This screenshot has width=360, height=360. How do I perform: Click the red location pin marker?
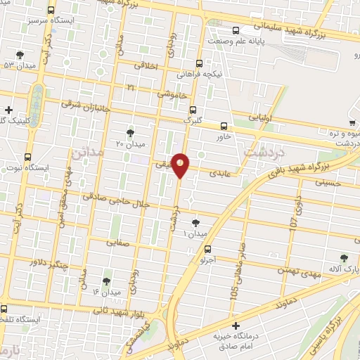181,165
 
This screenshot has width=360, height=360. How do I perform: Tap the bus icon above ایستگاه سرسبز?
51,11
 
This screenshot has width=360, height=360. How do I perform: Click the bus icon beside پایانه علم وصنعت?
235,30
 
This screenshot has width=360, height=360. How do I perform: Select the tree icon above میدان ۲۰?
130,132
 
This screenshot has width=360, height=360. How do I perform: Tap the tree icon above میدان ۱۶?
106,281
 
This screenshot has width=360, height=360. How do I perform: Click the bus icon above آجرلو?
207,249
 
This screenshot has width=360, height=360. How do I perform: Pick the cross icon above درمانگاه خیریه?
236,326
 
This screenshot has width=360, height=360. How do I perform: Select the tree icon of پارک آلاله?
344,259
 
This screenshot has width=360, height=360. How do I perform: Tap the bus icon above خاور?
224,125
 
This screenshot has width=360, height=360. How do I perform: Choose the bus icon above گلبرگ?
193,109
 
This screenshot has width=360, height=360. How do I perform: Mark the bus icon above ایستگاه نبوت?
27,157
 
